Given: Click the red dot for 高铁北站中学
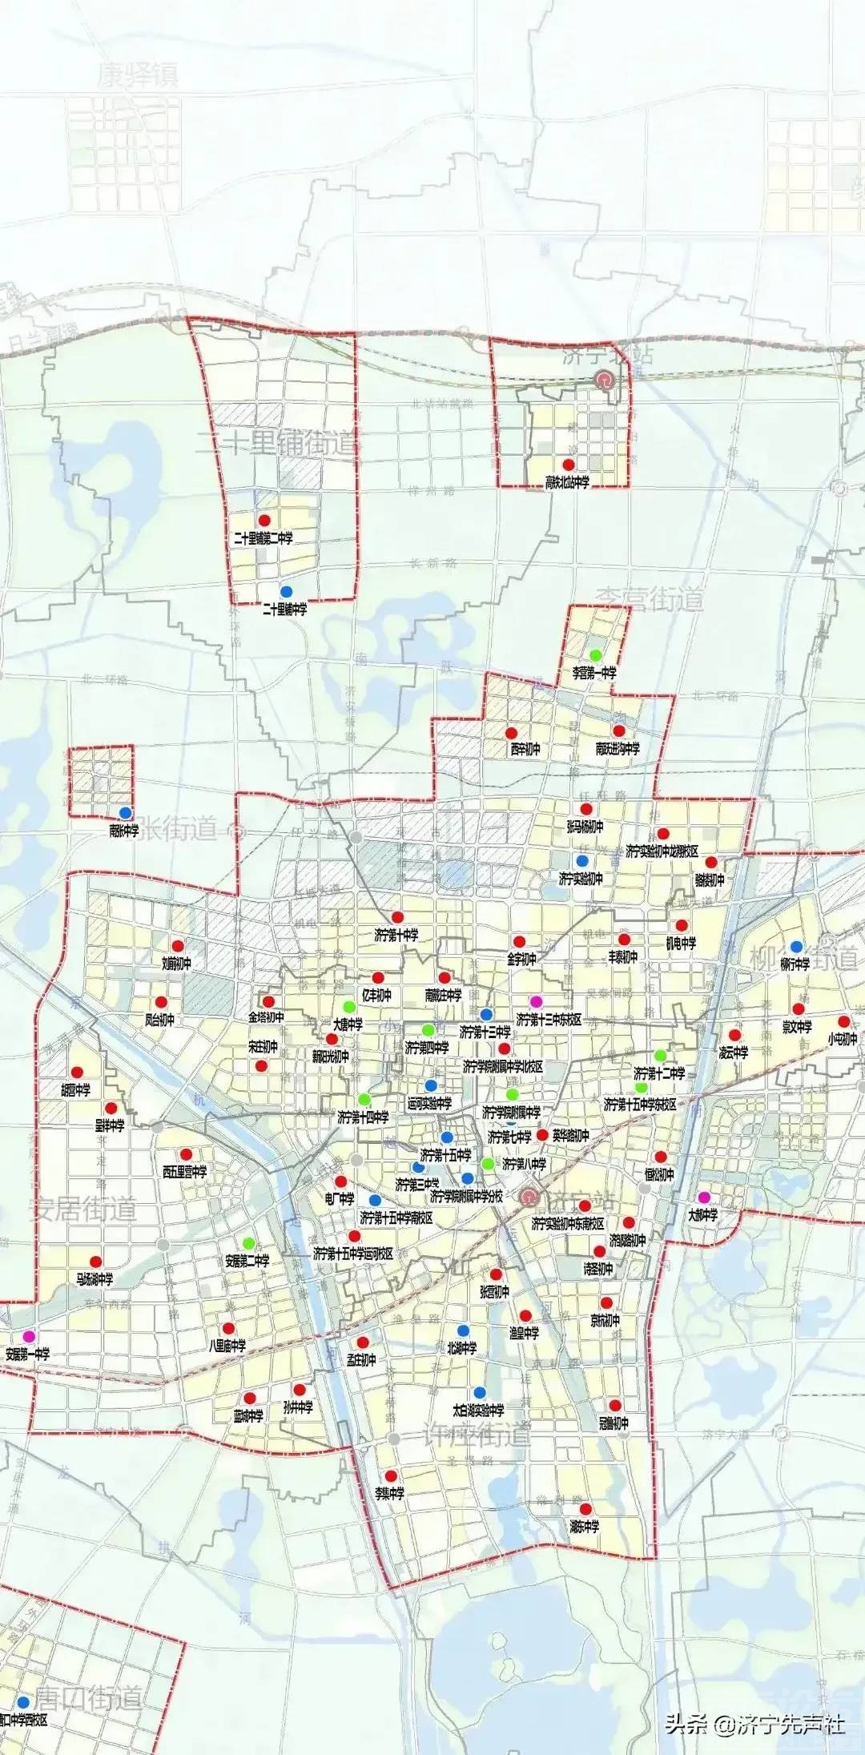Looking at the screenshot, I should point(569,465).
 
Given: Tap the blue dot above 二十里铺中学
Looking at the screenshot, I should point(286,591).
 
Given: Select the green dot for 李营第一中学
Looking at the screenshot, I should point(595,655).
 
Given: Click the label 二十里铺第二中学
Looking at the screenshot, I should point(264,538).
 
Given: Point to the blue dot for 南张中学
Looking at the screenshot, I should point(125,813).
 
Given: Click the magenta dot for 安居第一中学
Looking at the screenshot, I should point(29,1335).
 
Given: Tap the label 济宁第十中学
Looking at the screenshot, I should point(396,935).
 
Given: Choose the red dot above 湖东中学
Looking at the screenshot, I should point(585,1509).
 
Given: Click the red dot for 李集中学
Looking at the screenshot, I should point(391,1476).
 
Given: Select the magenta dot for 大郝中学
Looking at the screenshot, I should point(704,1197).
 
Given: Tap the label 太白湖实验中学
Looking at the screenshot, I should point(478,1411).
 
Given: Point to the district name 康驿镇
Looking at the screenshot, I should point(138,76).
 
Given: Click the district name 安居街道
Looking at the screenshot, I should point(82,1209).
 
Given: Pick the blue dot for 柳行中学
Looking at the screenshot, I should point(796,947).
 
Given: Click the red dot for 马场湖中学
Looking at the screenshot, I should point(95,1262).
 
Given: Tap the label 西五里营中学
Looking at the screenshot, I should point(185,1172).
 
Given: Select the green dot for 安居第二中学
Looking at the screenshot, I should point(248,1242).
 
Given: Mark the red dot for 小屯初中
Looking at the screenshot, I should point(843,1021).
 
